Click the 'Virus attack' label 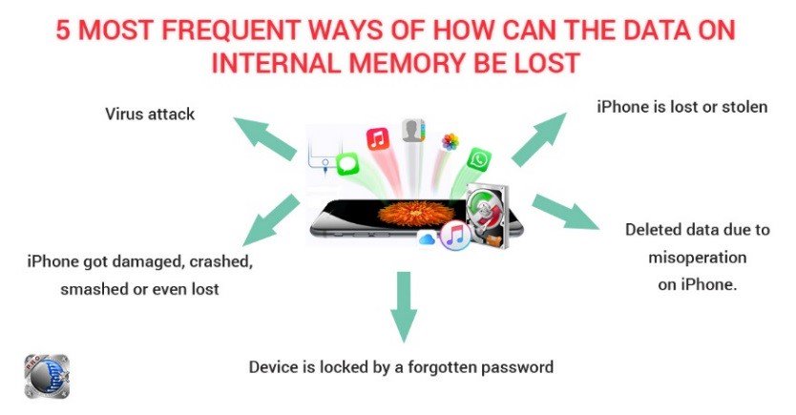150,114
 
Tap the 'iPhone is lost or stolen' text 681,107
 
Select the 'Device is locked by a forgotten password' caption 401,366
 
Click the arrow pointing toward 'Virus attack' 264,138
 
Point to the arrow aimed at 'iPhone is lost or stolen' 538,139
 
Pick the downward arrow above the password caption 404,307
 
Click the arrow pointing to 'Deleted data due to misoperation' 565,212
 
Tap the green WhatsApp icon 479,160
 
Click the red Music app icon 378,139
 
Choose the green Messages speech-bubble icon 347,165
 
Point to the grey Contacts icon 413,131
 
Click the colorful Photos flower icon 450,141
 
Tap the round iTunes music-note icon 454,236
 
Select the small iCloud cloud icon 427,238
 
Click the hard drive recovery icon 488,215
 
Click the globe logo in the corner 47,376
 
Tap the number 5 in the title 62,31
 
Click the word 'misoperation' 697,258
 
